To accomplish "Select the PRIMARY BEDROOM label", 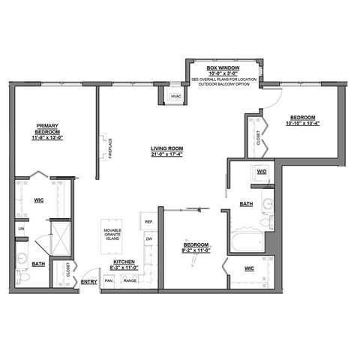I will (x=46, y=130).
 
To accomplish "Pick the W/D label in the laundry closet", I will (x=262, y=172).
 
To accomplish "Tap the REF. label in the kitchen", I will (x=148, y=223).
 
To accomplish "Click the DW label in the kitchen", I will (x=148, y=239).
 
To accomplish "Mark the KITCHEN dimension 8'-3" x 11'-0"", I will (x=124, y=268).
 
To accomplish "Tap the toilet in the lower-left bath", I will (x=22, y=276).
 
